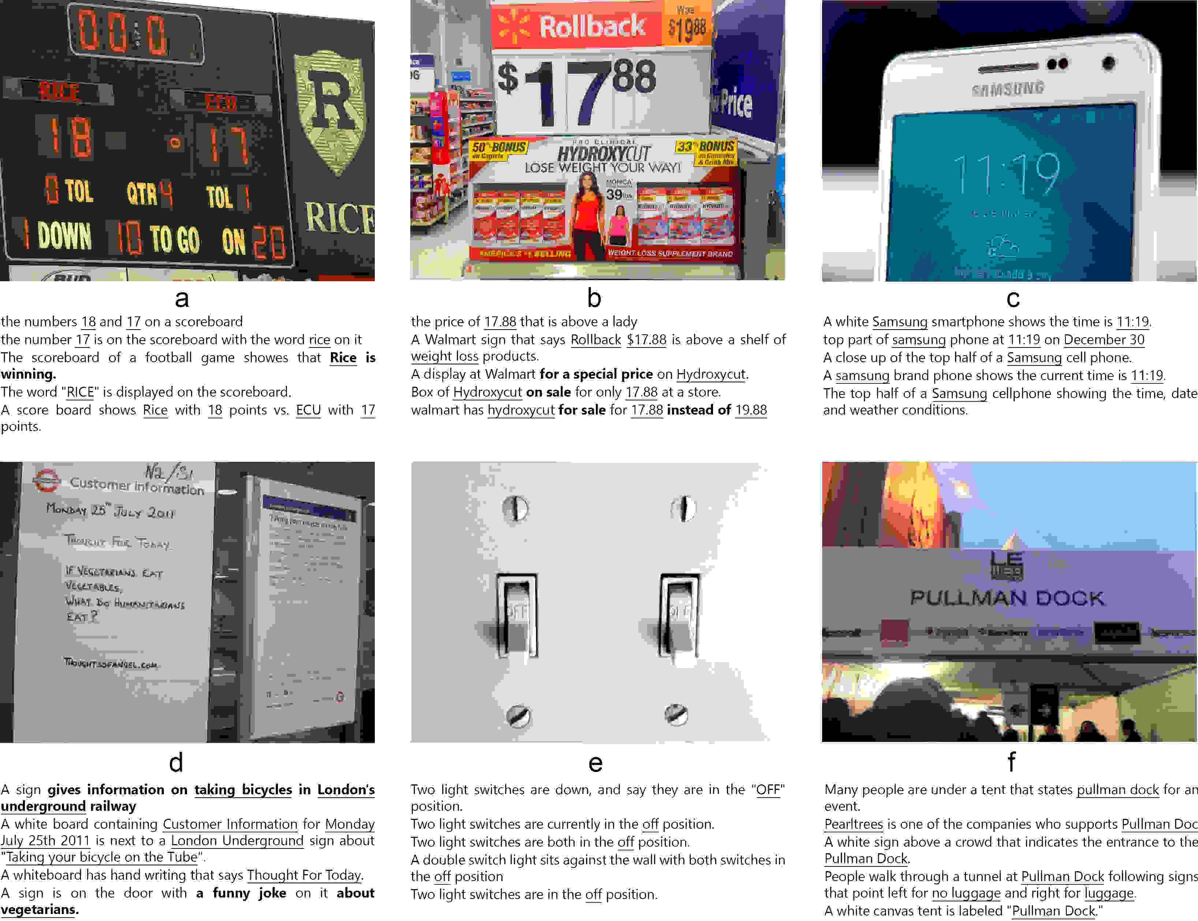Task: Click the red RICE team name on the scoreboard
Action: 59,92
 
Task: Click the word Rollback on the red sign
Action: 592,26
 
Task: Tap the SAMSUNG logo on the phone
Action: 1008,89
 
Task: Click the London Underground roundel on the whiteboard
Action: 46,480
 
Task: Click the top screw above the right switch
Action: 683,508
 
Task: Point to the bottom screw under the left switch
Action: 518,716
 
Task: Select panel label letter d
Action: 176,762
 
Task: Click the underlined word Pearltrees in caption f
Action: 853,824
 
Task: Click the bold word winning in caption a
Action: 27,374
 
